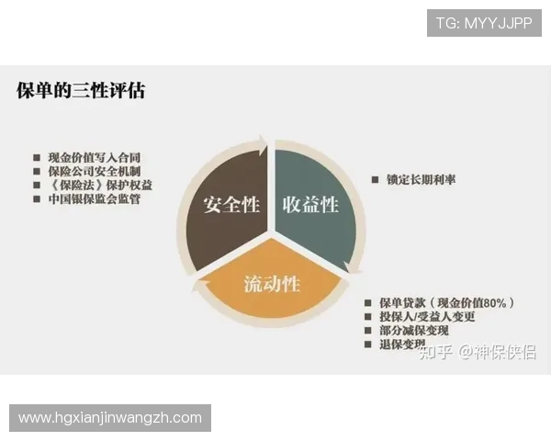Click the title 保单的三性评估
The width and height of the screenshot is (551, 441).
click(81, 91)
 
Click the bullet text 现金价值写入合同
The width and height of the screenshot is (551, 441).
click(99, 157)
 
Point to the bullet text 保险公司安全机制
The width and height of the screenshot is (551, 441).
click(99, 171)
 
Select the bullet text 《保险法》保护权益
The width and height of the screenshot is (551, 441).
click(99, 185)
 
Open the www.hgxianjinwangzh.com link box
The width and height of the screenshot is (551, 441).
click(110, 418)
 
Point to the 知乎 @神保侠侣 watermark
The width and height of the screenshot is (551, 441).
click(477, 352)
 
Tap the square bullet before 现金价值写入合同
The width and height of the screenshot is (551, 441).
click(37, 158)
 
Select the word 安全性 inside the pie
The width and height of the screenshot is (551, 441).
click(231, 203)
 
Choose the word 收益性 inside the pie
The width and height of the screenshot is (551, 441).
click(310, 203)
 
